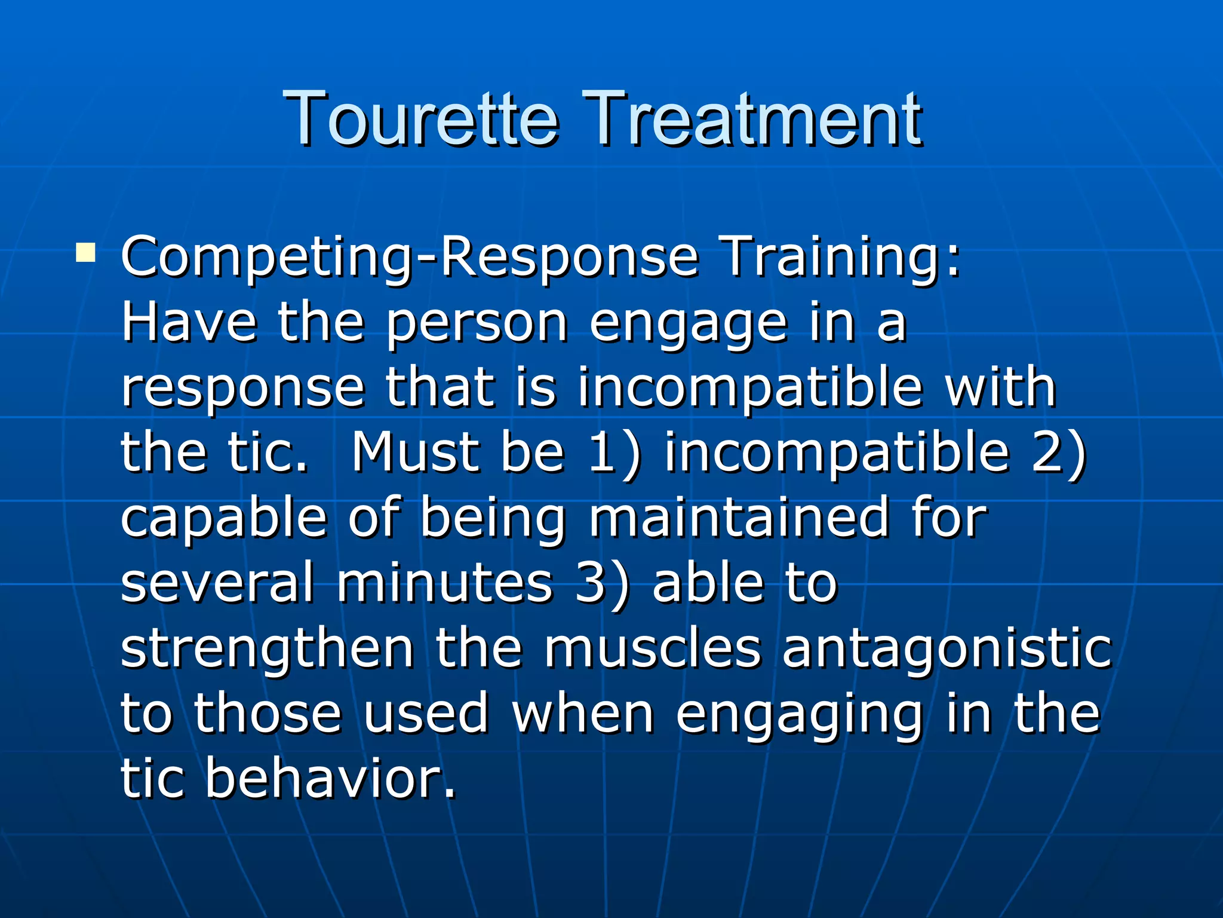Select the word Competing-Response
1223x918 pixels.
click(410, 258)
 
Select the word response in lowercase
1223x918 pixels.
click(242, 389)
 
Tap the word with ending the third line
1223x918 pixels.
click(1000, 388)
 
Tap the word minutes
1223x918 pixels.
click(445, 583)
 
